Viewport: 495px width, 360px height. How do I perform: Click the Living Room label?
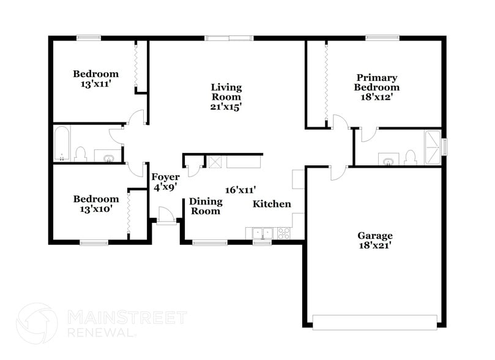pos(226,92)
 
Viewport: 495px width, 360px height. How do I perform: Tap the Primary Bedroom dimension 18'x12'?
pos(377,97)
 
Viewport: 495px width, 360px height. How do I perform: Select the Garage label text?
pos(376,236)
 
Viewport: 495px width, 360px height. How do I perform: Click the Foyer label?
pos(165,178)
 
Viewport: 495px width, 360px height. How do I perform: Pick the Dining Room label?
pos(204,206)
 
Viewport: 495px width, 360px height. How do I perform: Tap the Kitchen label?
pos(272,204)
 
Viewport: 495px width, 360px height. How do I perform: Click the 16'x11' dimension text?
pos(240,190)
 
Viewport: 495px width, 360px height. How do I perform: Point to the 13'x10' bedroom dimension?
pos(96,209)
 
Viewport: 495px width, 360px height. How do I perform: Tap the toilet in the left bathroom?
pos(80,153)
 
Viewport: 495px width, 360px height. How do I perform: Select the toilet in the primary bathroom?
pos(411,158)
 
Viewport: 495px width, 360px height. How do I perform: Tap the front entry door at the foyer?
pos(165,216)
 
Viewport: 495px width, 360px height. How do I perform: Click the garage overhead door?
pos(374,321)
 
